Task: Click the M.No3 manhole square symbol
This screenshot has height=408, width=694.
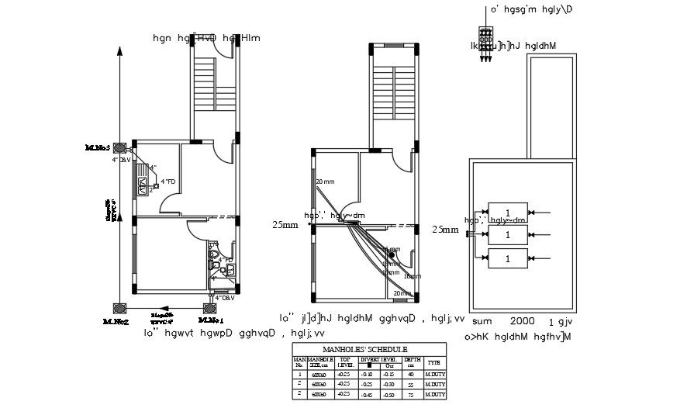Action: [120, 147]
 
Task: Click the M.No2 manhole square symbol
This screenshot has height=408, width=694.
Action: [120, 308]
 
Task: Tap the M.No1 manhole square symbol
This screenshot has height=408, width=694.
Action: [210, 308]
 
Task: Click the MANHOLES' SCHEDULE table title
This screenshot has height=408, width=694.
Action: [368, 349]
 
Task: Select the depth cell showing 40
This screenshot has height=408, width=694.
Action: [412, 374]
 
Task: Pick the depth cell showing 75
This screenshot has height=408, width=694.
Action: [412, 394]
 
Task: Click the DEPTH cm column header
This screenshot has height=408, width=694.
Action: [412, 362]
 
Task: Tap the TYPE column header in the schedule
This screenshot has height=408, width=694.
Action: [435, 362]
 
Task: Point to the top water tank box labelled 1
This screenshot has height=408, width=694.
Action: [507, 213]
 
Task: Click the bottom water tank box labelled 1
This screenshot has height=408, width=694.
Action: [507, 258]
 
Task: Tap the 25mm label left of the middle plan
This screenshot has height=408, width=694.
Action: [285, 226]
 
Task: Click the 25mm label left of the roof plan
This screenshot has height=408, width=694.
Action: [445, 230]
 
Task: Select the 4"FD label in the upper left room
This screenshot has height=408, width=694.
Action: [168, 182]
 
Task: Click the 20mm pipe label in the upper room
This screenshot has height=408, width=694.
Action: [324, 182]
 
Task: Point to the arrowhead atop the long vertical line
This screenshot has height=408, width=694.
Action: [119, 49]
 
